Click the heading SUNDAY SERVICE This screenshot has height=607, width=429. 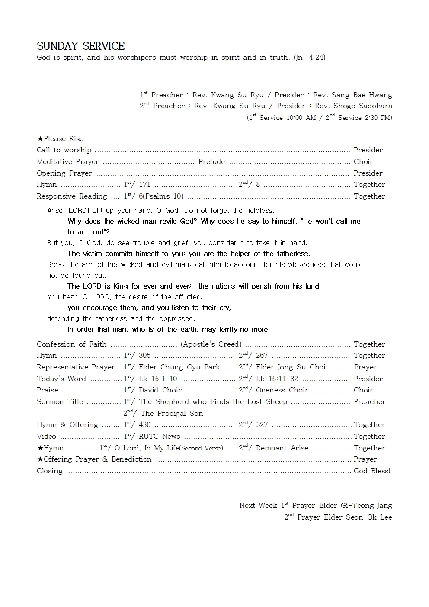pos(80,46)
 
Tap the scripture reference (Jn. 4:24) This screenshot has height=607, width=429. pos(309,57)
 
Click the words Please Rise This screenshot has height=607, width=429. pos(63,139)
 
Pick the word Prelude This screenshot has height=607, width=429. pos(211,162)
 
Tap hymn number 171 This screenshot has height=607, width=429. pos(144,185)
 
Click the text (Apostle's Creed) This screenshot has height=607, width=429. pos(211,344)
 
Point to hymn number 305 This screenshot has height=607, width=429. pos(144,356)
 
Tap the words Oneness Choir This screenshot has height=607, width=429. pos(282,390)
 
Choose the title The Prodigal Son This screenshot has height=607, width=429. pos(172,414)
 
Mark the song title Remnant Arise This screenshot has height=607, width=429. pos(282,448)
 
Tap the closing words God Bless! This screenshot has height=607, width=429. pos(372,471)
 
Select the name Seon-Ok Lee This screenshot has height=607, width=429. pos(369,517)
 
